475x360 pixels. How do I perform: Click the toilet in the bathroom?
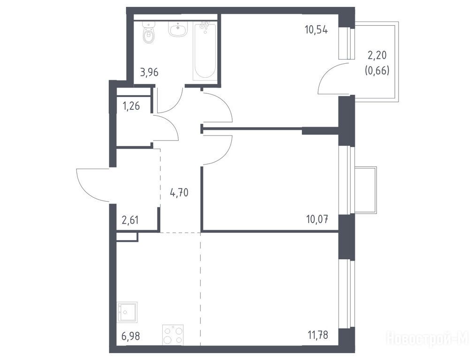tap(149, 33)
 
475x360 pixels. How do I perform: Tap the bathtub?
tap(205, 51)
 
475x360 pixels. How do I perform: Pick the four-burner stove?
tap(173, 335)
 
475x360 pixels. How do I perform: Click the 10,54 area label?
tap(316, 30)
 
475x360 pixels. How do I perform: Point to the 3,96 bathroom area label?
tap(149, 73)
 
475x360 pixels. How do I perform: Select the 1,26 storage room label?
tap(131, 106)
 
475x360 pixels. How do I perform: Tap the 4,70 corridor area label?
tap(179, 192)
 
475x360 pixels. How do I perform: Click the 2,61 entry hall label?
tap(130, 220)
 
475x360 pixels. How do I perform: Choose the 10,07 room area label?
tap(317, 218)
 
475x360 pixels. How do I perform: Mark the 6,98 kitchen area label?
tap(130, 336)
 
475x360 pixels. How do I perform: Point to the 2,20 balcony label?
tap(377, 55)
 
